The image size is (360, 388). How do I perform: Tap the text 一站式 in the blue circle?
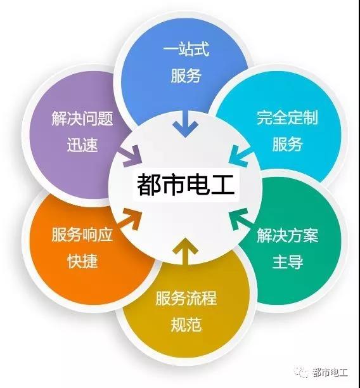pos(186,49)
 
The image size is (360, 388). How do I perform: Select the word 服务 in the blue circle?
pos(186,75)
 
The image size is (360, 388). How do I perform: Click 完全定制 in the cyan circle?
pos(287,117)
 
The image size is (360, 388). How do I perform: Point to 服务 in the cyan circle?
pos(288,144)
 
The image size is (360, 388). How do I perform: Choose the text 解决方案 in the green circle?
pos(287,235)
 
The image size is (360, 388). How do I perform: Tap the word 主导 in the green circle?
pos(288,261)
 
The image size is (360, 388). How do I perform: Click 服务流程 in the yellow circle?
pos(186,298)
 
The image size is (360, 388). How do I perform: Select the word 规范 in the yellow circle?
pos(186,325)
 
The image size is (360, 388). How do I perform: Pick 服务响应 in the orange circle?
pos(82,235)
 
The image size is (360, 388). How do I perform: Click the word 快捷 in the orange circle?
pos(82,261)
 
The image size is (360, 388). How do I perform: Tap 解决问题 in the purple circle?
pos(82,119)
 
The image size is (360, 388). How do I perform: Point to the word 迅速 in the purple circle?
pos(82,145)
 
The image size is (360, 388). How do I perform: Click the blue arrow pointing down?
pos(185,124)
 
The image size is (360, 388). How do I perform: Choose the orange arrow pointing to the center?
pos(131,219)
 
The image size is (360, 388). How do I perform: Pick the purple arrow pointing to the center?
pos(131,156)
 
